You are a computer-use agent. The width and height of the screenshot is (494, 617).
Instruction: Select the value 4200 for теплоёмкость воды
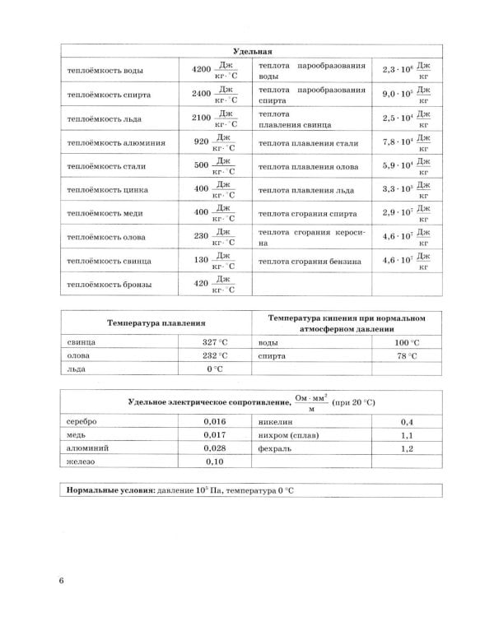tap(201, 70)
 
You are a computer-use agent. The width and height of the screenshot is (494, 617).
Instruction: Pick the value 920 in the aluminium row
tap(201, 141)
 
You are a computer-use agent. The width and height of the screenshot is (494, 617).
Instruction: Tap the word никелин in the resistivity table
tap(277, 420)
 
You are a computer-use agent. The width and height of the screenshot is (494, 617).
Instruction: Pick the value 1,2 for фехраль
tap(406, 448)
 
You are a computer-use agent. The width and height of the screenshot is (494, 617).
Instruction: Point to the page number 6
tap(61, 583)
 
